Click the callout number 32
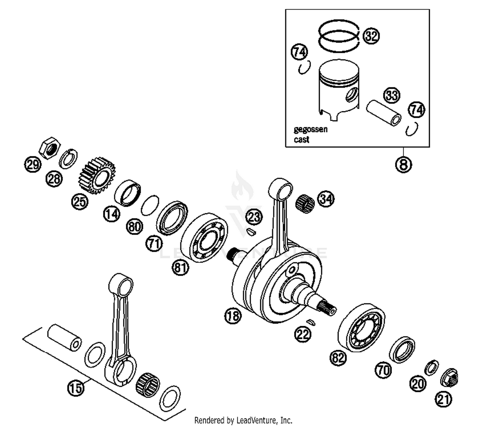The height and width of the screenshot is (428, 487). (x=371, y=36)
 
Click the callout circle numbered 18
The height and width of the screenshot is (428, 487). (x=233, y=315)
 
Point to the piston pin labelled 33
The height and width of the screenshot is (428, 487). (x=383, y=114)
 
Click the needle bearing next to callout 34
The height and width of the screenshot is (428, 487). (x=305, y=203)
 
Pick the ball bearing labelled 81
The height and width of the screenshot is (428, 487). (x=204, y=238)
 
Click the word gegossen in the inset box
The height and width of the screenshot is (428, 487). (x=310, y=129)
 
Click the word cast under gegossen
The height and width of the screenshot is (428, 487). (x=301, y=140)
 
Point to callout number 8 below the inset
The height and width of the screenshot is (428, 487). (x=403, y=164)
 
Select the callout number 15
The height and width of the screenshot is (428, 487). (x=76, y=387)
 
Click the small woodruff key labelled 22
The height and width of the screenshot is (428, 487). (x=311, y=322)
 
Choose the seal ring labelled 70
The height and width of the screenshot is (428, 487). (x=402, y=350)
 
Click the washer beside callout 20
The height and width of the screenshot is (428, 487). (x=431, y=368)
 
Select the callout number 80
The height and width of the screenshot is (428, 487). (x=134, y=226)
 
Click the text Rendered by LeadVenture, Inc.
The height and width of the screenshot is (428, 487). (x=243, y=420)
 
